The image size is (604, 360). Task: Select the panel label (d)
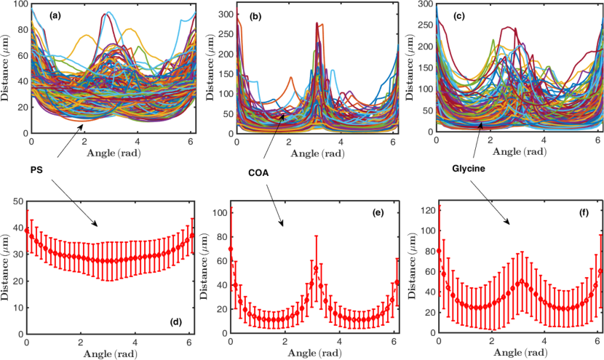[175, 323]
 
